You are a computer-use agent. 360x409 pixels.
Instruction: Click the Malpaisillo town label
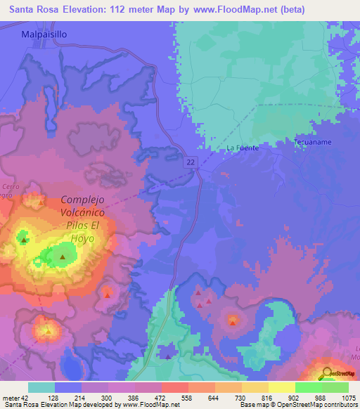[44, 34]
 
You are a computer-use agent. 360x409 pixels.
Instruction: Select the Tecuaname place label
[313, 142]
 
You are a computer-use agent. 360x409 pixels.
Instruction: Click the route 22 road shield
[191, 162]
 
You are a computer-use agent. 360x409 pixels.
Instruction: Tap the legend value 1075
[348, 398]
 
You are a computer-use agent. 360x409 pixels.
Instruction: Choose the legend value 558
[169, 398]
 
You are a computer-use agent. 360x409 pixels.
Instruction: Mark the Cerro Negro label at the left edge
[8, 190]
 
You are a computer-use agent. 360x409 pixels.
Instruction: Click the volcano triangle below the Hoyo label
[63, 257]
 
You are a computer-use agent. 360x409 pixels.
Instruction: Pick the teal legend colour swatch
[41, 387]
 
